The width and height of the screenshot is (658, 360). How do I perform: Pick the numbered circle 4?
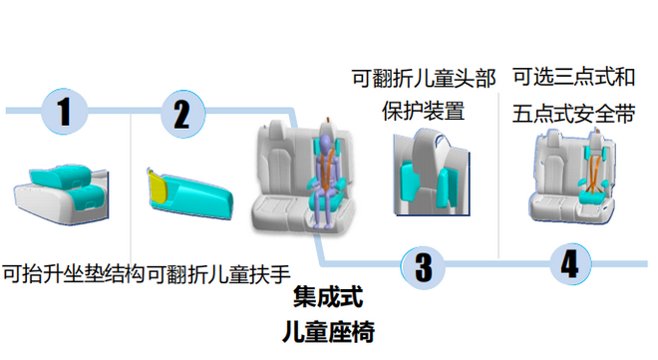click(x=569, y=264)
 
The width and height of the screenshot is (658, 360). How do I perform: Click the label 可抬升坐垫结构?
click(x=73, y=271)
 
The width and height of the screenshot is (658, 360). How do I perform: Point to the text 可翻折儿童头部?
click(x=423, y=77)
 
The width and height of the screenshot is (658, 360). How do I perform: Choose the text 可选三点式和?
click(x=574, y=76)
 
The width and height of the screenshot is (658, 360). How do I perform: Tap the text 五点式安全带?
click(x=574, y=111)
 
